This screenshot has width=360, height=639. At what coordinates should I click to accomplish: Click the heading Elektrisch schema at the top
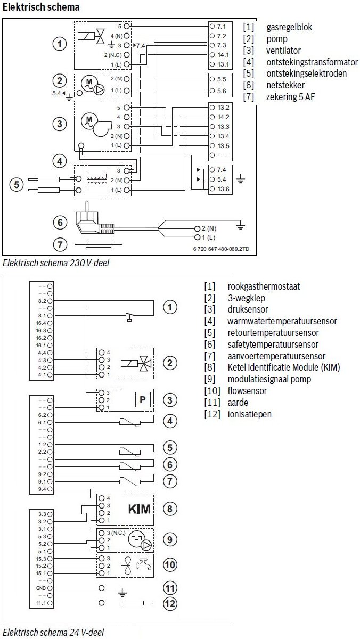coord(41,7)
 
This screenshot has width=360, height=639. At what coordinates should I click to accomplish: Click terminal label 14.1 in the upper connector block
coord(223,54)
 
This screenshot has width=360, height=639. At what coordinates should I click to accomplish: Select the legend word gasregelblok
coord(290,27)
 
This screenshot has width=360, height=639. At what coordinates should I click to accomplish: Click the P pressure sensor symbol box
coord(141,400)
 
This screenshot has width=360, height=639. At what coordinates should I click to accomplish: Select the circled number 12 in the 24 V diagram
coord(169,604)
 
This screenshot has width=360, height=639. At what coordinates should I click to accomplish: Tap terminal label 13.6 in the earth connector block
coord(223,189)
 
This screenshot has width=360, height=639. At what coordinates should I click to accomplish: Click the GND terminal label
coord(41,588)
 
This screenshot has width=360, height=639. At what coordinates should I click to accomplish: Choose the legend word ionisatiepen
coord(249,414)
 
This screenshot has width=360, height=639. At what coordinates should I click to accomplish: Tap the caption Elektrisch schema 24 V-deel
coord(53,633)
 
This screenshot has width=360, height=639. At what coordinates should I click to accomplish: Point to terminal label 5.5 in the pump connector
coord(223,78)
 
